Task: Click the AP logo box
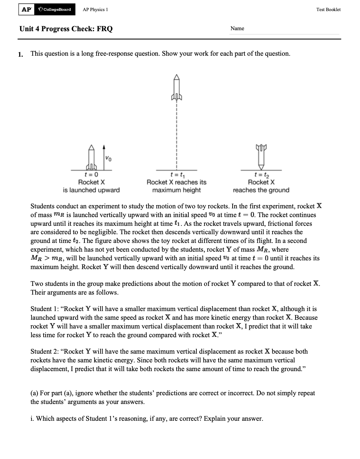[x=26, y=9]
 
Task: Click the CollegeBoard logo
[x=55, y=9]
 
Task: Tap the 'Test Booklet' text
[x=328, y=9]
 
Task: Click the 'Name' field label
[x=237, y=29]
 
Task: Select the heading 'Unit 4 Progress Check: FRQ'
[x=66, y=29]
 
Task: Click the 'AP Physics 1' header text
[x=95, y=9]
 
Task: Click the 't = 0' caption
[x=91, y=174]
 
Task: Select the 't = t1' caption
[x=176, y=174]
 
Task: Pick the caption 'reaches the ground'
[x=261, y=190]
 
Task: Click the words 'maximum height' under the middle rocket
[x=176, y=190]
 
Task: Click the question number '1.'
[x=21, y=54]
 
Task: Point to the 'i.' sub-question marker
[x=32, y=419]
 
